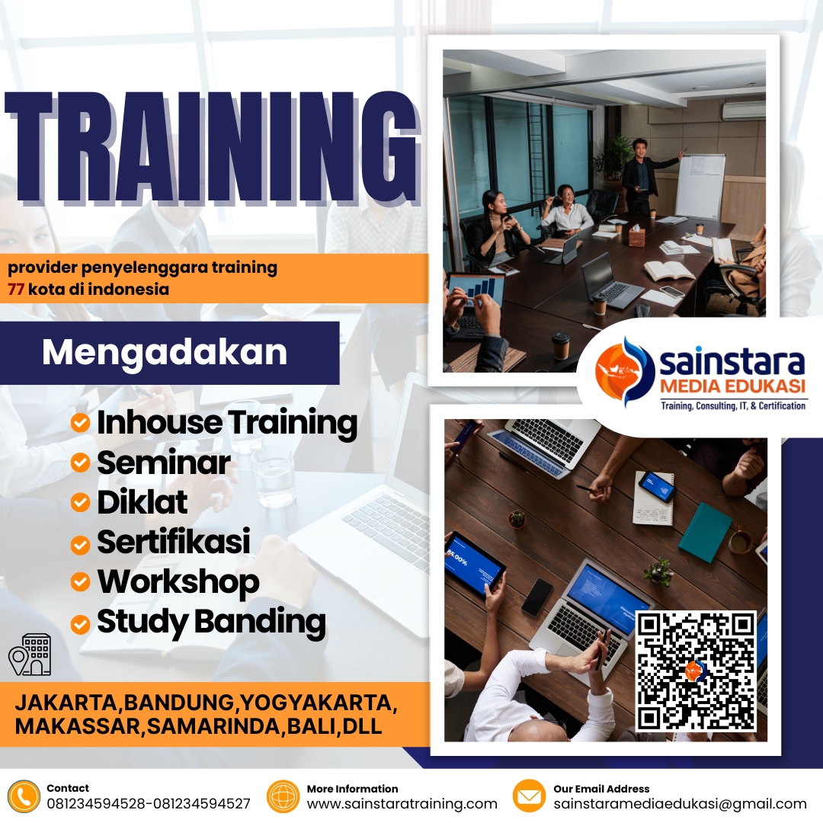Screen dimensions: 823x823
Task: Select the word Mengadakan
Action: tap(165, 352)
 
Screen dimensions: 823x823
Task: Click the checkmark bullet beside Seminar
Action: tap(80, 463)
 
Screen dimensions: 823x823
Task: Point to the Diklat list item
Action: tap(142, 502)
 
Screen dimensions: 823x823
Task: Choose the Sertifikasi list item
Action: tap(173, 542)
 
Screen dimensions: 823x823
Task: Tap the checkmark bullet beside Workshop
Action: tap(80, 582)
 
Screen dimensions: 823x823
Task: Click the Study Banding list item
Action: tap(211, 622)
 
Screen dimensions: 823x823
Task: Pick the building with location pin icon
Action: tap(30, 654)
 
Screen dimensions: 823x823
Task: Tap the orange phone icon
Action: tap(24, 796)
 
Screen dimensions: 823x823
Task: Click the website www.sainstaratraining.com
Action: tap(402, 803)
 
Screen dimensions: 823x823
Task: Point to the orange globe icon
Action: tap(283, 796)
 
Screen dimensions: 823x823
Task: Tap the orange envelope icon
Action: tap(530, 796)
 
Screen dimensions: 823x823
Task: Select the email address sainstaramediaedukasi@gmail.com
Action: tap(680, 803)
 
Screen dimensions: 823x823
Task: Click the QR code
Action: tap(696, 671)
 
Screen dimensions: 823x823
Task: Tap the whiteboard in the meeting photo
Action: tap(700, 186)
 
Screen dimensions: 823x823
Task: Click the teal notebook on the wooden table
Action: tap(705, 531)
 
